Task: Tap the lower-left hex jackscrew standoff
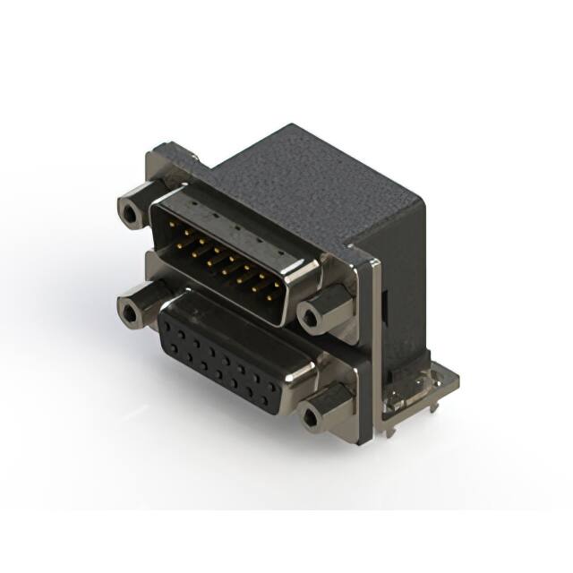point(133,310)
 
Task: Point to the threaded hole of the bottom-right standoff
point(312,416)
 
